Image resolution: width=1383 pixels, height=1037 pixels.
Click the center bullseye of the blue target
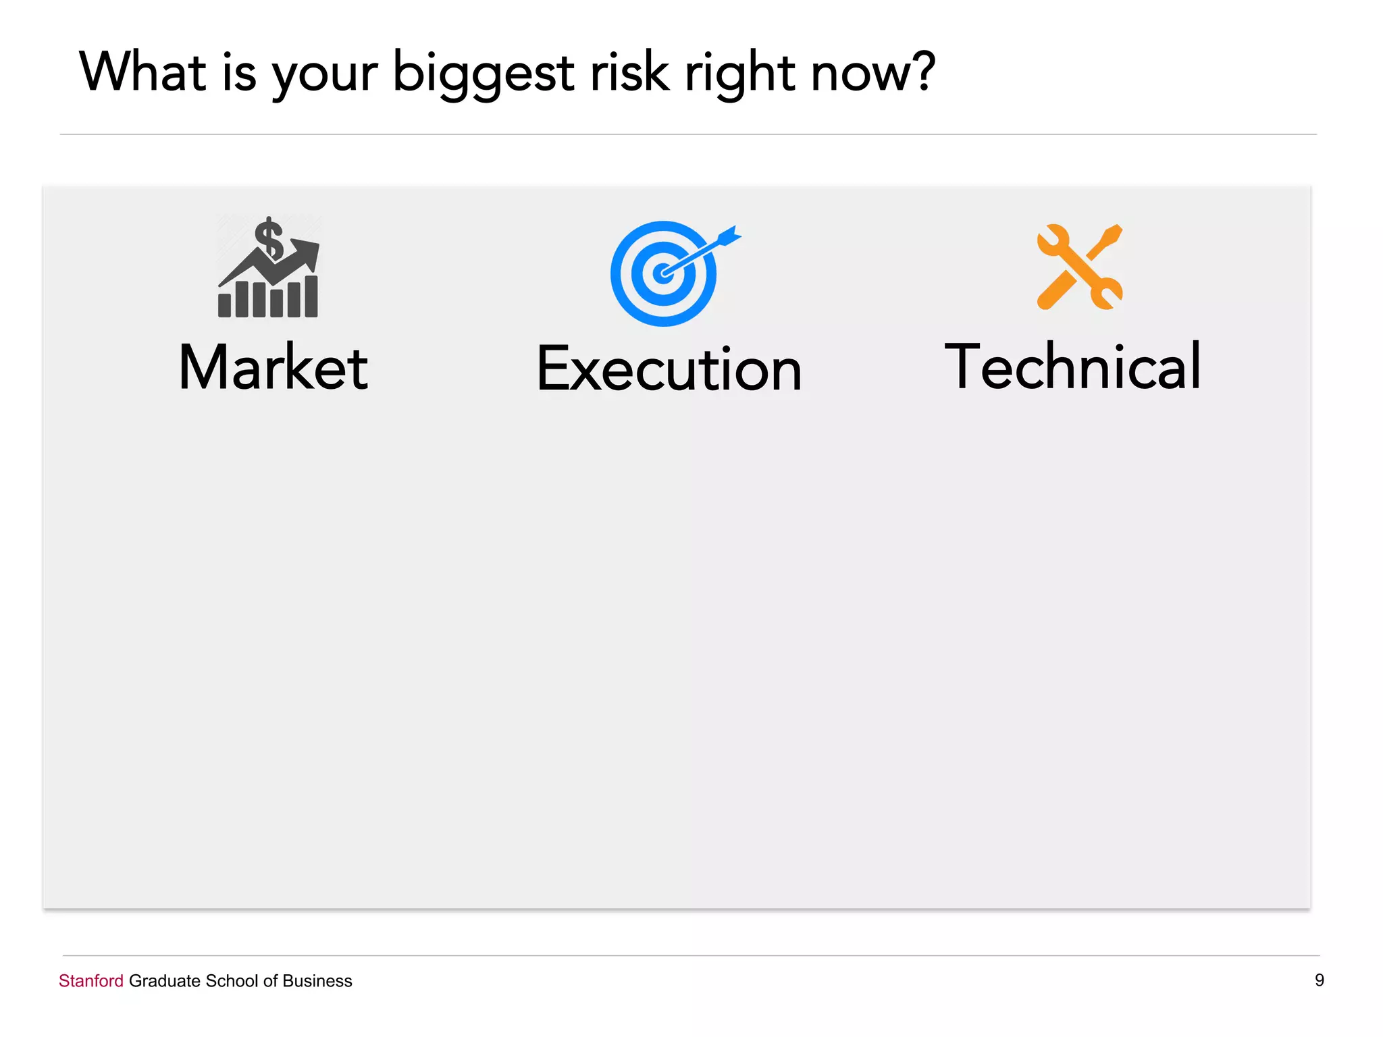(x=664, y=273)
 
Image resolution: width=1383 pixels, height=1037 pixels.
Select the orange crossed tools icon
(x=1079, y=267)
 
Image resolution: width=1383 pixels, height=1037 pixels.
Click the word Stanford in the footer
(x=91, y=981)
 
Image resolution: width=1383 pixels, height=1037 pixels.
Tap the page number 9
(x=1319, y=980)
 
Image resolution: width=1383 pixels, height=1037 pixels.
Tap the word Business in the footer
(x=317, y=981)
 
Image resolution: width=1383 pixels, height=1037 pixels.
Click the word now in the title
(x=858, y=74)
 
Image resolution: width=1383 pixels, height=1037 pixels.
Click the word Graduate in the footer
(x=165, y=981)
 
